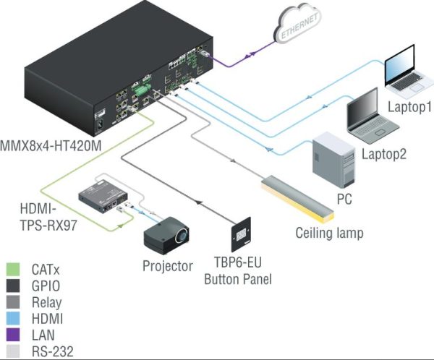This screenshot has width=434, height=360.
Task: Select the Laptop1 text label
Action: (x=409, y=107)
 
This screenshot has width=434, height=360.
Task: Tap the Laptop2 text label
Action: (x=384, y=154)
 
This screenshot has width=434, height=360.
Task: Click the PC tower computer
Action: (x=333, y=159)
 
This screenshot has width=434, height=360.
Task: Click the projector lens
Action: (x=182, y=235)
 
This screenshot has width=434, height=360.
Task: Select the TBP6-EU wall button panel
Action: (x=241, y=234)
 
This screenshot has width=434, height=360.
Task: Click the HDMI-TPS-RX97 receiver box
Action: (x=103, y=197)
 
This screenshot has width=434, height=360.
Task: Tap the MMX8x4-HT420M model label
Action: (x=51, y=146)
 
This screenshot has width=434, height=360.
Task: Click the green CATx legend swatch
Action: (x=13, y=269)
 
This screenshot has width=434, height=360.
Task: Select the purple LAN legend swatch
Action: (x=13, y=335)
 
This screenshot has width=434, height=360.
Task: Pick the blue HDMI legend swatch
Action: (x=13, y=318)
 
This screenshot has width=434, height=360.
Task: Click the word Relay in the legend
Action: (x=46, y=302)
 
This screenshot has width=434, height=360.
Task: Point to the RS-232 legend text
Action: (x=53, y=351)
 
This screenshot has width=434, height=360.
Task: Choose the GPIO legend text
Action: (x=46, y=286)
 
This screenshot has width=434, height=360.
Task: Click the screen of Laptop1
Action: (x=400, y=66)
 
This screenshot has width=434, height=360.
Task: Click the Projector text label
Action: (x=168, y=266)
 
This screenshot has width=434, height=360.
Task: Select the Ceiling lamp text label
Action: (x=329, y=233)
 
